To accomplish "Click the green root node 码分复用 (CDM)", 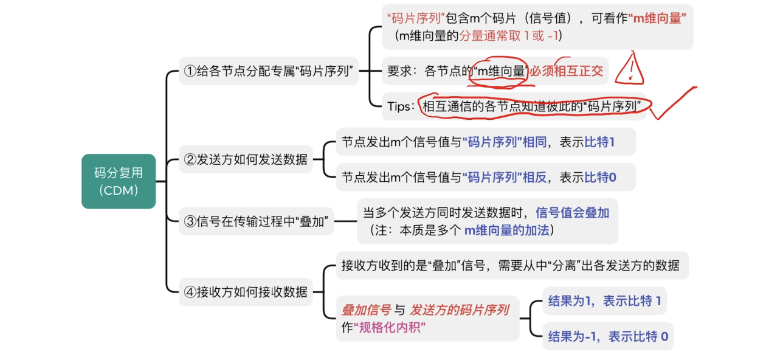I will click(x=119, y=181).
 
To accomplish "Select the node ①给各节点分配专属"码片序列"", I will click(x=269, y=71).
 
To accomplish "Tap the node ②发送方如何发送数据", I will click(x=245, y=160).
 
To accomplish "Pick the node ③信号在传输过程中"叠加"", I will click(x=258, y=221).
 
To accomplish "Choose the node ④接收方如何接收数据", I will click(x=245, y=291).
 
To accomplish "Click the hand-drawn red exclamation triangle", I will click(x=629, y=69).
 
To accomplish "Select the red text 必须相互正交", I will click(x=566, y=71).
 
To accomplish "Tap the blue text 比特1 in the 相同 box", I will click(x=600, y=142).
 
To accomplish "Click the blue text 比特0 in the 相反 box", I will click(x=600, y=178).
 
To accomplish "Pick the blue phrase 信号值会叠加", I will click(x=572, y=213).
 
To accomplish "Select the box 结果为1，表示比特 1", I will click(x=604, y=301).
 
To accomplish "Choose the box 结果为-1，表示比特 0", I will click(x=608, y=336).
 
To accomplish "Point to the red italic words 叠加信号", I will click(x=366, y=310).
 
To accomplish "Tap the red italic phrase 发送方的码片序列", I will click(x=460, y=310).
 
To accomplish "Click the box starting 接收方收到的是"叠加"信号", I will click(x=511, y=265).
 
